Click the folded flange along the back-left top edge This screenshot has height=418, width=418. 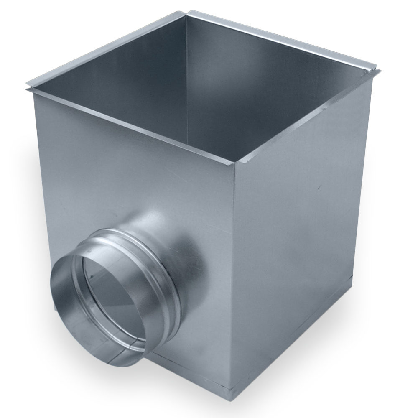click(104, 46)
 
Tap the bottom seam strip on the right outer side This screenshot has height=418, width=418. click(293, 334)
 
